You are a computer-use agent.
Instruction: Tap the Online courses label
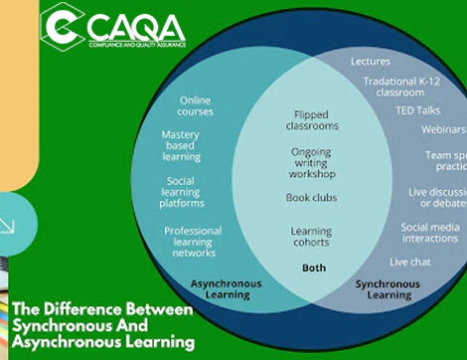[195, 104]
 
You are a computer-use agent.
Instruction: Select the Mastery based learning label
[180, 144]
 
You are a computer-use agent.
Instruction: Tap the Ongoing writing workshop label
[310, 164]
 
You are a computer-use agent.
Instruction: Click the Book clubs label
[310, 197]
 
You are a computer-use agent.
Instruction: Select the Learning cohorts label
[310, 236]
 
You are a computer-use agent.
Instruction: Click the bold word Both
[314, 268]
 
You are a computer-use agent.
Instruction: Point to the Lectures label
[371, 62]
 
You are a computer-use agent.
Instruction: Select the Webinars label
[441, 130]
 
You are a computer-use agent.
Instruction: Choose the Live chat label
[408, 262]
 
